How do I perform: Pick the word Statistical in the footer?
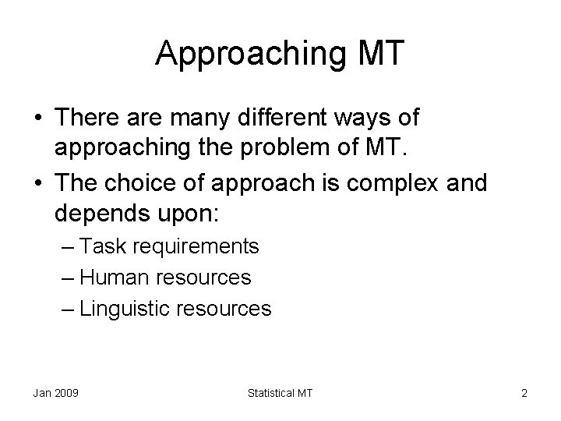tap(269, 393)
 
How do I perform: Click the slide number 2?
tap(524, 393)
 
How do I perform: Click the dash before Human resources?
tap(68, 278)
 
